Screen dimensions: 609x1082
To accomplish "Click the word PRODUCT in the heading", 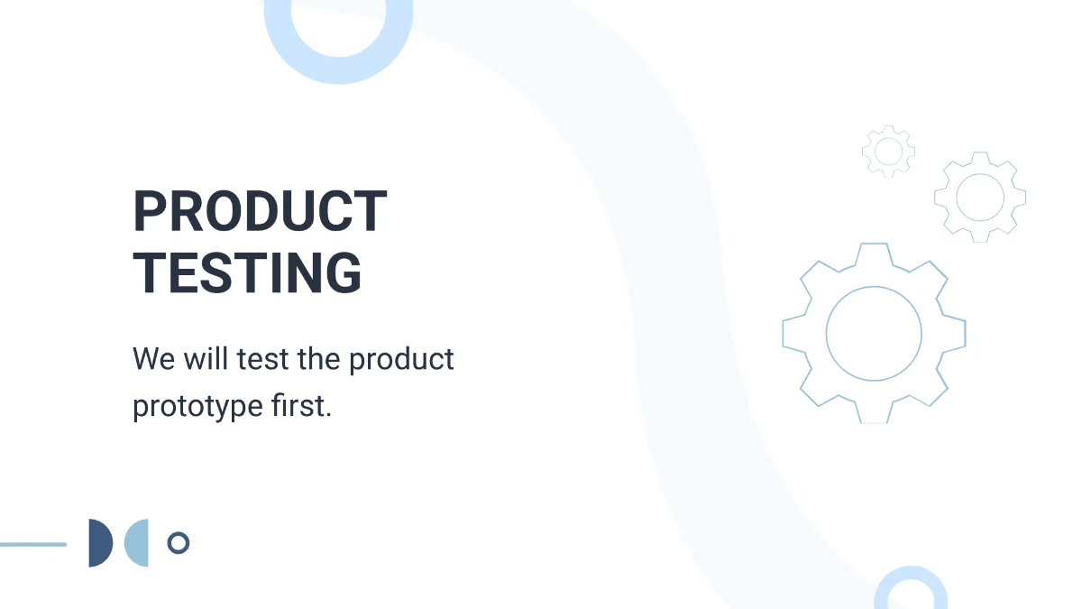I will [260, 212].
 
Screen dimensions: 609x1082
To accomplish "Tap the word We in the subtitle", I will [153, 359].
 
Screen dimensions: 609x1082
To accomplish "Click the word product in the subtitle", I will [401, 360].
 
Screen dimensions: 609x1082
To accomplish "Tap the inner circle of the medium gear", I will [980, 197].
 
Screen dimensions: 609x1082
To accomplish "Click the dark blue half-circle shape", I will [98, 543].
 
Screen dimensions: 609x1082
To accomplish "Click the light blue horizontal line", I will [33, 544].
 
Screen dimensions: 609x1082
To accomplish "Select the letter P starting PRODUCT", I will [150, 212].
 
